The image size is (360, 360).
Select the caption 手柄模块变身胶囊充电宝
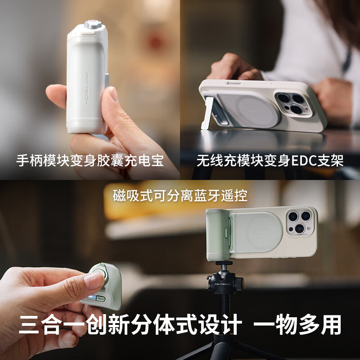(x=90, y=161)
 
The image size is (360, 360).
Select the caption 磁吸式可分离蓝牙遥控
(x=180, y=196)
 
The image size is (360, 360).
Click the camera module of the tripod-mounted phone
(x=301, y=222)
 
